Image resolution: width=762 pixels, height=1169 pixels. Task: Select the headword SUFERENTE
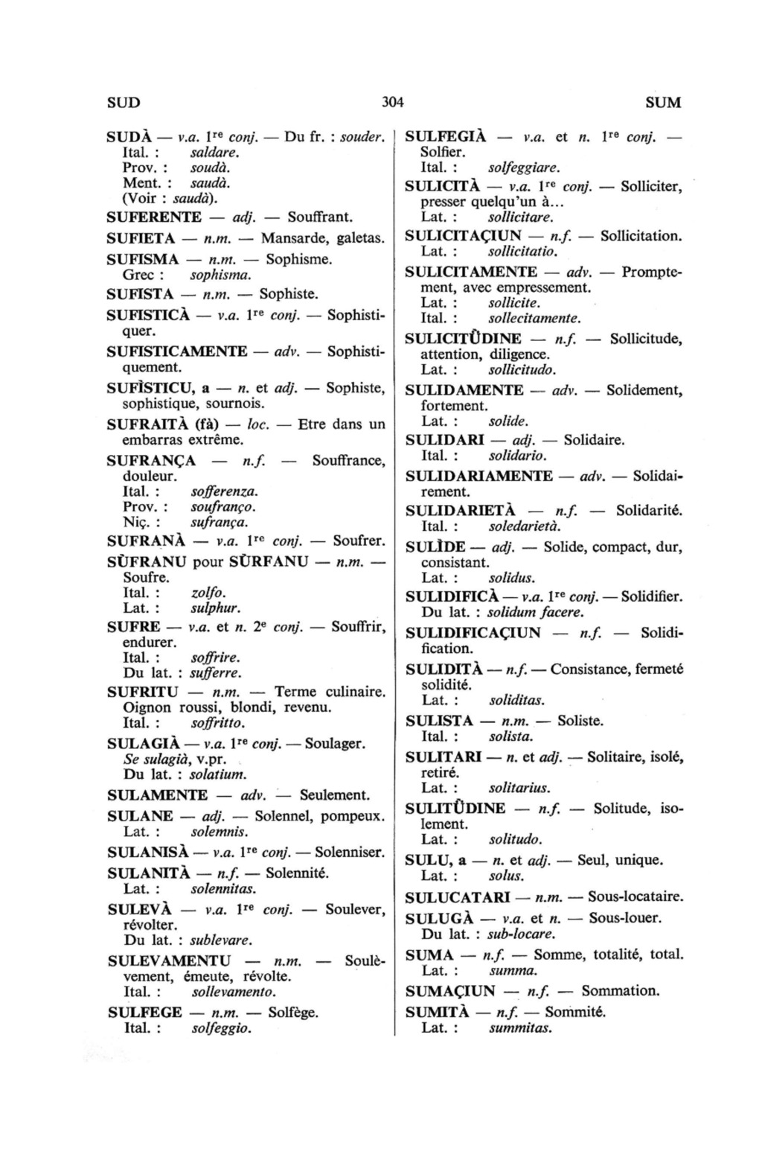154,217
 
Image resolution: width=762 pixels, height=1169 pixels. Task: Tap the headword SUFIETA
141,238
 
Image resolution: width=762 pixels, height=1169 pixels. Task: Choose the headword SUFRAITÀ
150,424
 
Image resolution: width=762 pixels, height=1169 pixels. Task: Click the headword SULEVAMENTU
169,961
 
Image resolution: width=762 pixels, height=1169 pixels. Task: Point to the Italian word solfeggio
221,1028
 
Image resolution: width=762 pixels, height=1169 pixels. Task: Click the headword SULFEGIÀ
446,137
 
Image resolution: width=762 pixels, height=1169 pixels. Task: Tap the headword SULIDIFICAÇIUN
473,633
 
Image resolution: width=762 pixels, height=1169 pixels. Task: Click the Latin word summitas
519,1028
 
